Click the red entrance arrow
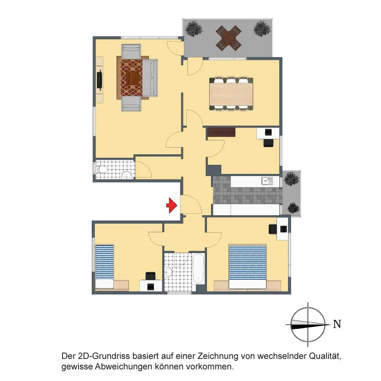172,206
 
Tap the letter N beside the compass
337,324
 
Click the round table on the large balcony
229,38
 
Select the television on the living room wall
99,80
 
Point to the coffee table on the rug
134,78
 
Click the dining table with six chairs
231,94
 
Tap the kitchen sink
267,181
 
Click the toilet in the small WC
102,169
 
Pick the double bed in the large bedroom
248,267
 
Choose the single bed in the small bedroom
104,267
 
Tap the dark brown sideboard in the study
221,132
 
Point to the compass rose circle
308,324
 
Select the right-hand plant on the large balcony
262,29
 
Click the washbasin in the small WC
127,174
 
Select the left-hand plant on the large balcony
194,29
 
